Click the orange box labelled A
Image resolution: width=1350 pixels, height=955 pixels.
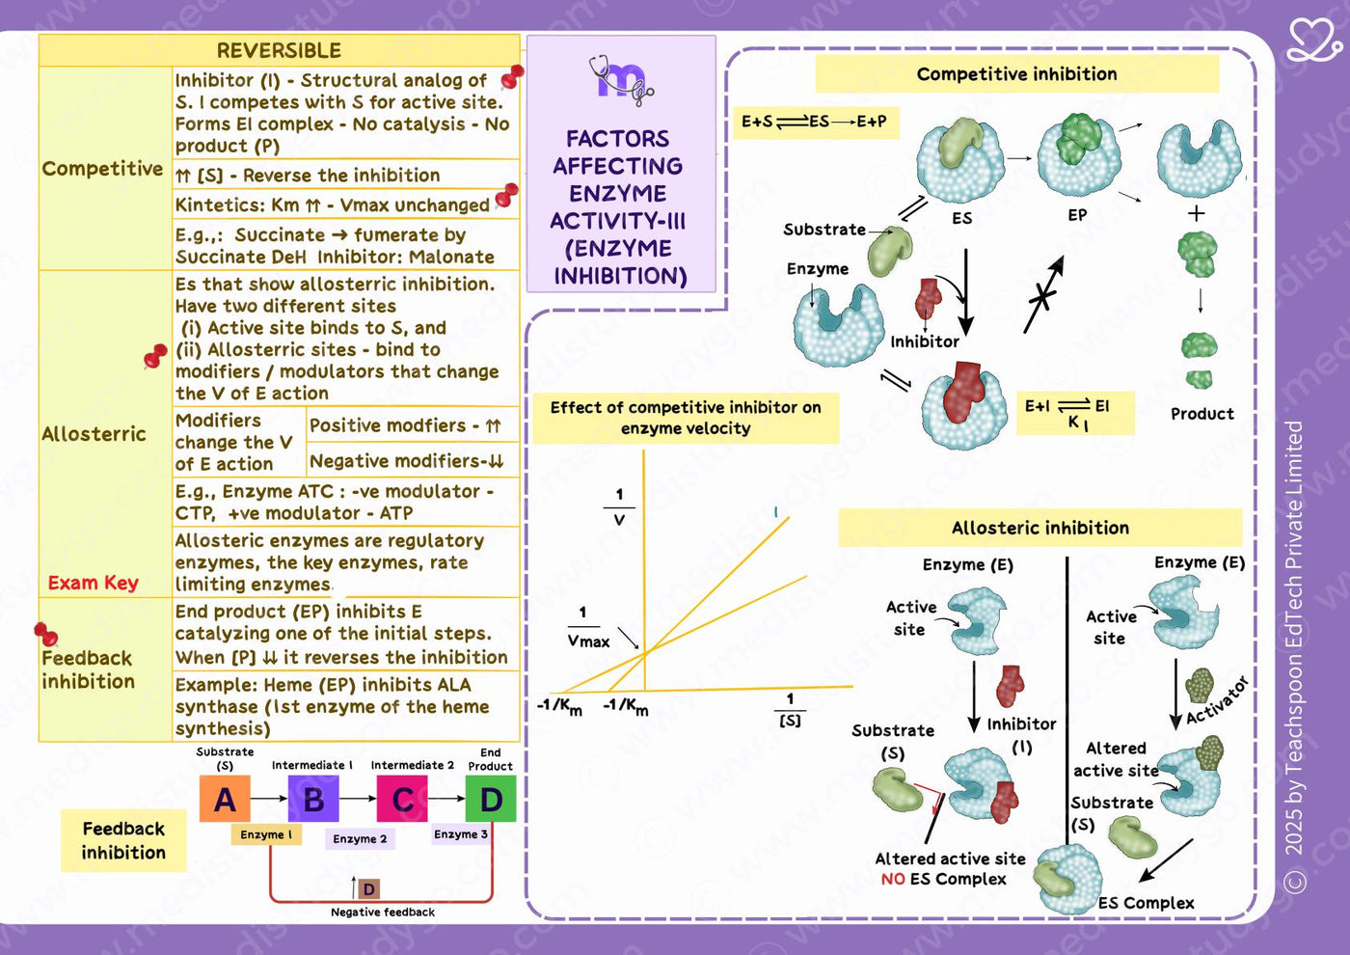point(225,799)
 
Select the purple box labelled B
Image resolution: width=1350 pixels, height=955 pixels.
point(313,799)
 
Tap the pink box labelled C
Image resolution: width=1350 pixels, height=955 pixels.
point(402,799)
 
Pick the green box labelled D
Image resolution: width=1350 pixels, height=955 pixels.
point(491,799)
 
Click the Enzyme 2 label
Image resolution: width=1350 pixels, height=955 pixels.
point(360,838)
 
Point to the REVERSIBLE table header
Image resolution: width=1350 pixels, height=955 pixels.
point(279,50)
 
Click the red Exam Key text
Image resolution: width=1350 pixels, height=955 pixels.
point(94,583)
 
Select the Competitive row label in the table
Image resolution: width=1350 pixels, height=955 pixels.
point(102,168)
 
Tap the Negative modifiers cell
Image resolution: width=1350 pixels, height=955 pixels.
point(407,461)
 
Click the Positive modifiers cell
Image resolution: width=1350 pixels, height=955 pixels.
point(405,425)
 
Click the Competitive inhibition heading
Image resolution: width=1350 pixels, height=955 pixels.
point(1016,73)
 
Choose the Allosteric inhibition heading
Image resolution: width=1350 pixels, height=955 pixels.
point(1040,528)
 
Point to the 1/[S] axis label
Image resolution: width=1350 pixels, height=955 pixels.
point(790,710)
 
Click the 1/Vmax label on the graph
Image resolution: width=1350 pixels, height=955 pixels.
point(587,628)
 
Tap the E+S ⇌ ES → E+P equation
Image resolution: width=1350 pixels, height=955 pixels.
point(814,122)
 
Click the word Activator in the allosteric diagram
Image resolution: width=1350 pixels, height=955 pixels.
point(1217,701)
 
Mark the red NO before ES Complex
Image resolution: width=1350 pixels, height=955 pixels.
point(893,879)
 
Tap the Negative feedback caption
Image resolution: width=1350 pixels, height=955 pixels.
point(383,913)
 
